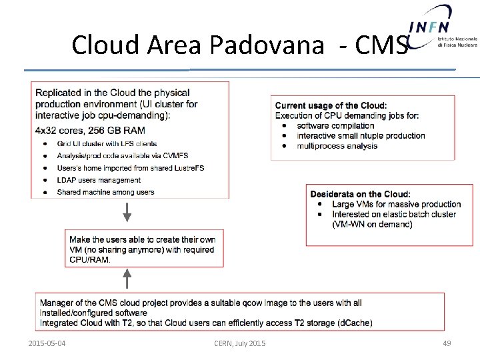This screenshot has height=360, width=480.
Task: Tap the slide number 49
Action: click(x=447, y=343)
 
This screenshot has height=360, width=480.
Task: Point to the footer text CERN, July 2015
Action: click(x=239, y=343)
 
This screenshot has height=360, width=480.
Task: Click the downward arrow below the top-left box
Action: click(x=127, y=213)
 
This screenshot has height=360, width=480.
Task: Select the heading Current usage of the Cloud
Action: click(x=331, y=105)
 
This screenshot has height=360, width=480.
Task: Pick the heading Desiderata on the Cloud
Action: click(x=360, y=194)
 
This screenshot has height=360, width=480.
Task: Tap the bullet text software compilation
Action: click(x=335, y=125)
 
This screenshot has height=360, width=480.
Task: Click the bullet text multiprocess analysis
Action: click(x=337, y=145)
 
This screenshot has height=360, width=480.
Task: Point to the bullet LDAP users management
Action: click(x=99, y=180)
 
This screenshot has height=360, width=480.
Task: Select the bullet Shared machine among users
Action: click(x=105, y=192)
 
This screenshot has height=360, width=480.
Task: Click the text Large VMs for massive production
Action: click(x=396, y=204)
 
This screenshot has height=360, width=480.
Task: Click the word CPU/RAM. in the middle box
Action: click(x=91, y=259)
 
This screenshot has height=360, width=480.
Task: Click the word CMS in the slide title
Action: click(x=381, y=45)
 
